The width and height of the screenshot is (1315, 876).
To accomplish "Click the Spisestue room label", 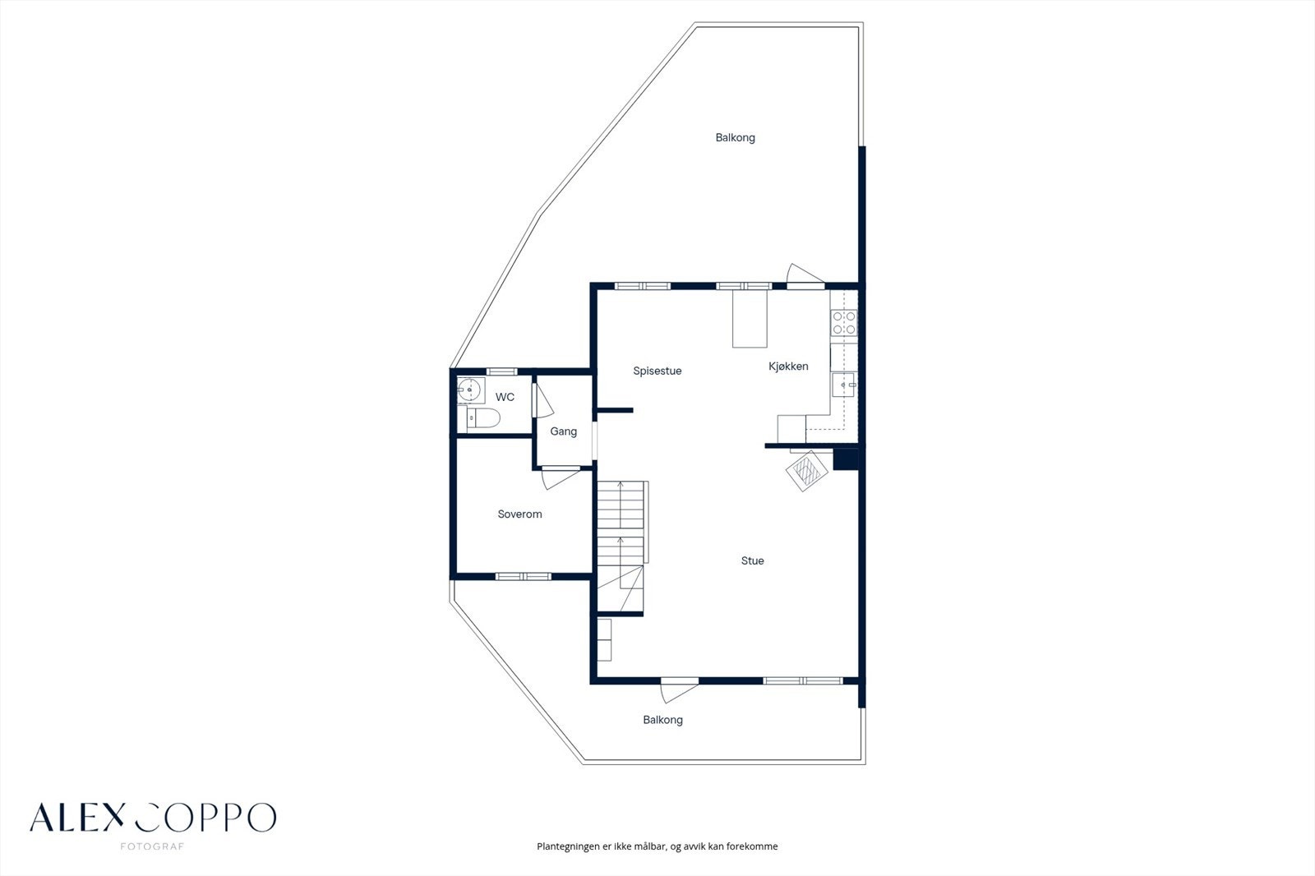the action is [657, 371].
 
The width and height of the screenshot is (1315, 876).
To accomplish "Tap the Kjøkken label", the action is [788, 367].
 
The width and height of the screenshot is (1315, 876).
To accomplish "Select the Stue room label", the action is [752, 560].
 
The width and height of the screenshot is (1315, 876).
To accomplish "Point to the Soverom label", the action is [519, 514].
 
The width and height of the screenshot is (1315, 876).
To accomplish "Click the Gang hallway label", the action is [563, 431].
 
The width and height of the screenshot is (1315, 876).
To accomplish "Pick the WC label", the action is [505, 398].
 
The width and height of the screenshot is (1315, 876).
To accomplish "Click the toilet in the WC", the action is [483, 418].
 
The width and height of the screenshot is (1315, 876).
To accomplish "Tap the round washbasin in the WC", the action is [470, 390].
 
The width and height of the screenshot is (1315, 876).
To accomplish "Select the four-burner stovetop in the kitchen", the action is [844, 323].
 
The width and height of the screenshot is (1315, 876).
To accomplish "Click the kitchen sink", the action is [843, 385].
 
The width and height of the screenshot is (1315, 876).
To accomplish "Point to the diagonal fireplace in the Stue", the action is [807, 471].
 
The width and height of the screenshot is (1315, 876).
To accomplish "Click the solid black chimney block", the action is [846, 459].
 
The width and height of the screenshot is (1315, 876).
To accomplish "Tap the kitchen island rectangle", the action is [750, 319].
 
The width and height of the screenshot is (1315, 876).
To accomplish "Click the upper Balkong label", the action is [735, 138].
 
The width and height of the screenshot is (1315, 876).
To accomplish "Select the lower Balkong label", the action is [662, 720].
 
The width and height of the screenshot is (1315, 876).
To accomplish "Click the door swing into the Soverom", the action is [561, 478].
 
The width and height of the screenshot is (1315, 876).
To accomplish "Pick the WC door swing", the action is [542, 400].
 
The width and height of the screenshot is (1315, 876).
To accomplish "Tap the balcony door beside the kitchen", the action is [805, 276].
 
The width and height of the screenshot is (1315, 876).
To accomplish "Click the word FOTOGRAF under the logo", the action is [152, 846].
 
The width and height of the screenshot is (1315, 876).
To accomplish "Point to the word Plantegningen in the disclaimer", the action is [568, 846].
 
